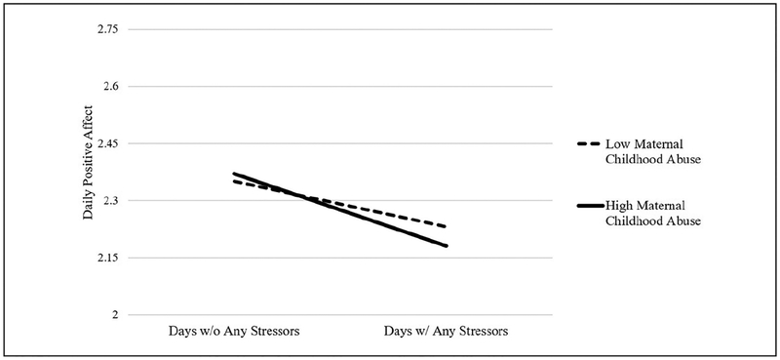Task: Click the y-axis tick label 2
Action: click(115, 314)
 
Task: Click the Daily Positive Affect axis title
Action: click(89, 172)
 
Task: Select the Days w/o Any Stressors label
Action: click(234, 332)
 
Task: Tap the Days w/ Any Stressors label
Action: click(447, 332)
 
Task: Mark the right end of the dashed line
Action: click(447, 226)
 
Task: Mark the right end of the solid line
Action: click(447, 246)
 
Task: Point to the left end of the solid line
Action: click(234, 174)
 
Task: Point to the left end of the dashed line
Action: click(234, 180)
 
